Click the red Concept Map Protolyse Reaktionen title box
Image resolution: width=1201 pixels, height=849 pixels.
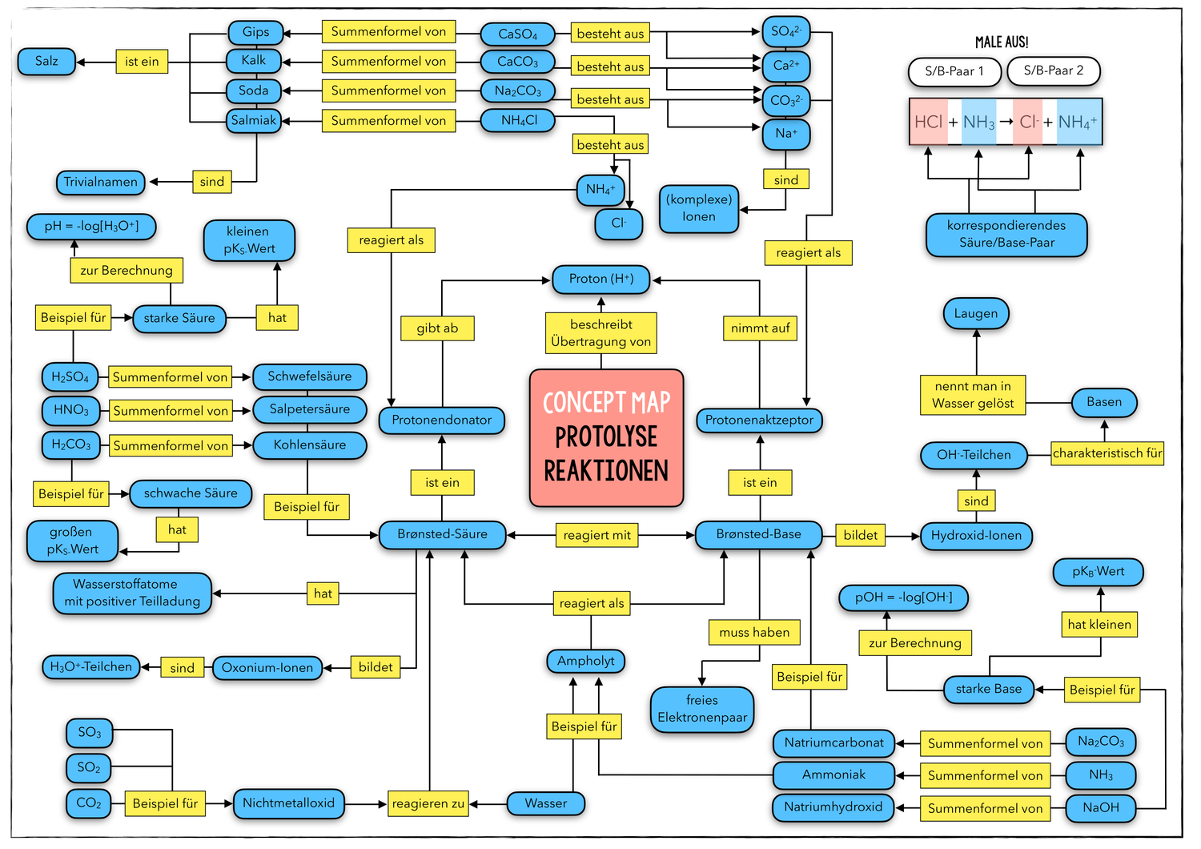point(606,437)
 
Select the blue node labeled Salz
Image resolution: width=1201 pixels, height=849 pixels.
point(46,62)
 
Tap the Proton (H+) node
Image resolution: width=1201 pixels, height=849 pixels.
point(600,279)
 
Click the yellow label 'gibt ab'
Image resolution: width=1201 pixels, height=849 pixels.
point(437,328)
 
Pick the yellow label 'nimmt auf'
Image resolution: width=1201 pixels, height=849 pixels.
point(760,328)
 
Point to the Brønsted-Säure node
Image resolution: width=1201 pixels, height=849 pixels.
point(442,534)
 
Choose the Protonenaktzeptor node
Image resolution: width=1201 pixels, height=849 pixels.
point(759,420)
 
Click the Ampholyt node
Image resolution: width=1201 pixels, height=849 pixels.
point(586,661)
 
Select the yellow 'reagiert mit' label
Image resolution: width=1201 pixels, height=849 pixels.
point(596,535)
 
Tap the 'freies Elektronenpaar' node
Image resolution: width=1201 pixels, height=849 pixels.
point(702,709)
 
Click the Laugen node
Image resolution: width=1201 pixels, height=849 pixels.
point(975,313)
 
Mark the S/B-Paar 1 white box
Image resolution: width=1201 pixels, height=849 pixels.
point(954,71)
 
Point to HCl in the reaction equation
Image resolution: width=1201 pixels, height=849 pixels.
point(929,122)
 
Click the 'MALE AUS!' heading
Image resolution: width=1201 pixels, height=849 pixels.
point(1002,42)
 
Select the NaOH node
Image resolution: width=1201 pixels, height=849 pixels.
point(1101,807)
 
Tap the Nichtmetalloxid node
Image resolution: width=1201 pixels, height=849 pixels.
point(288,803)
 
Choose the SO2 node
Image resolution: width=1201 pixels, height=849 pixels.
point(89,767)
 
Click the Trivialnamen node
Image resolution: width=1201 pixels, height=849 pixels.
point(101,182)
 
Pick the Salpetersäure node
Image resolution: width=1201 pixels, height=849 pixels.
point(309,409)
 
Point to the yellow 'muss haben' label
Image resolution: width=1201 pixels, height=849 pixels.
point(754,632)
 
